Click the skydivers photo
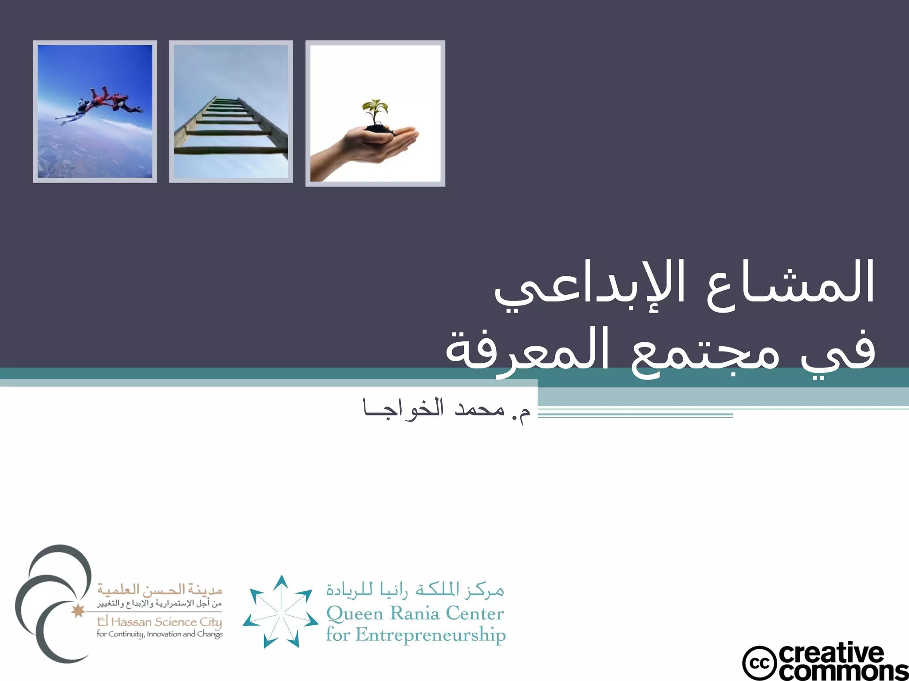(95, 111)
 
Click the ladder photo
(231, 111)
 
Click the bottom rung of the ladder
(231, 151)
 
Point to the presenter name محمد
(479, 409)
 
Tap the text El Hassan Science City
(159, 622)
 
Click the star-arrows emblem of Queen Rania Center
(281, 612)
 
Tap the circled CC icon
(759, 663)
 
